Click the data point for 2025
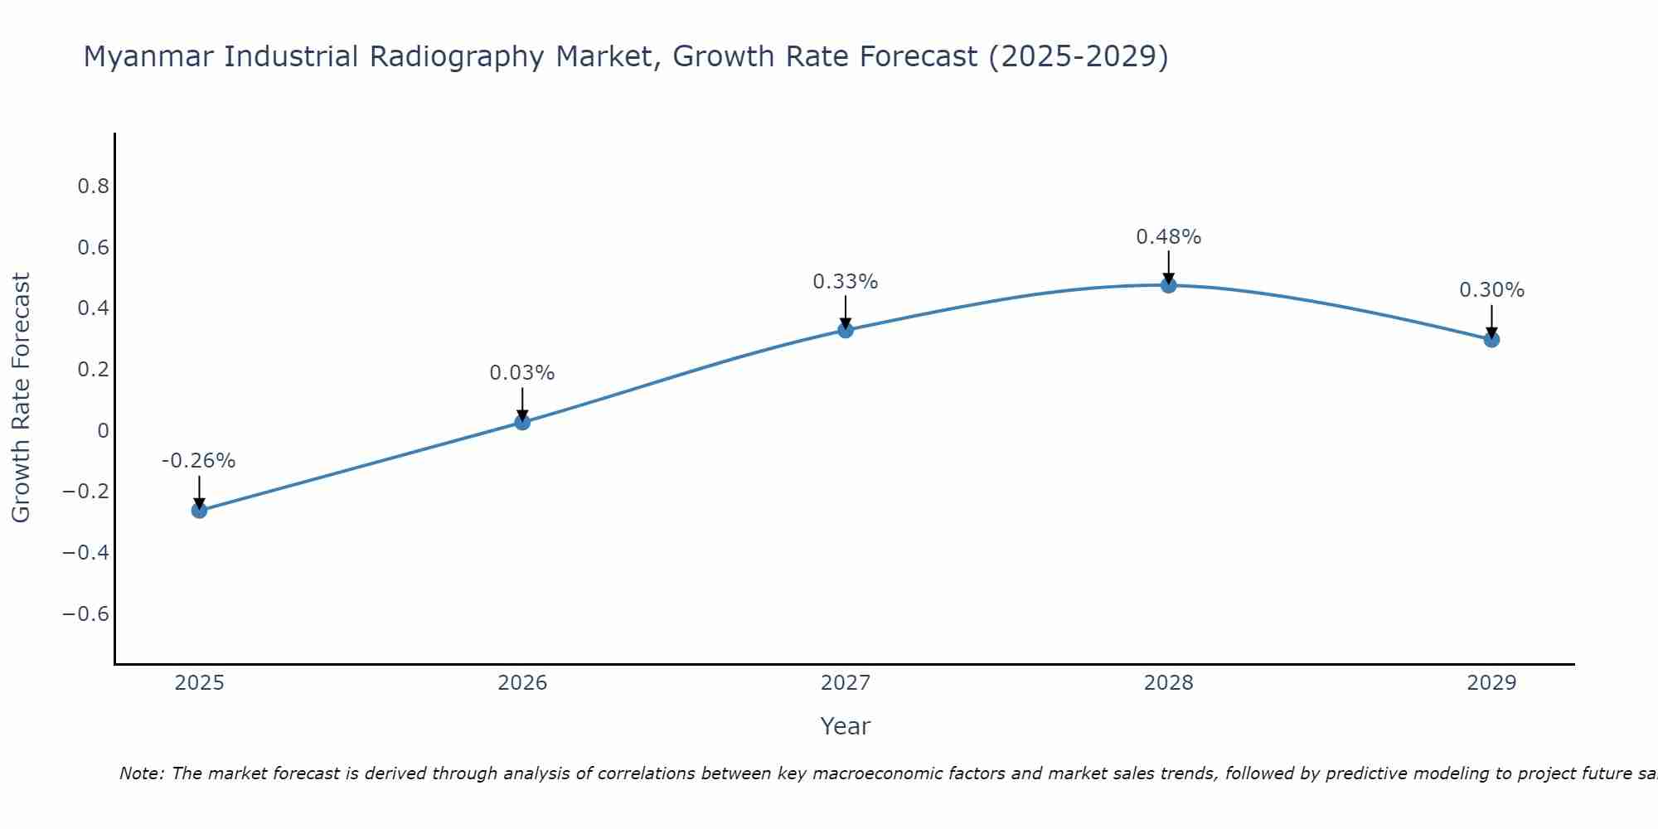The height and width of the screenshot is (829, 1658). (199, 510)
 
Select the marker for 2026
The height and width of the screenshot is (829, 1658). (522, 422)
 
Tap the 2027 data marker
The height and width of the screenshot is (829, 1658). (846, 330)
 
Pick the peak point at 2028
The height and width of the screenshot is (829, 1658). (1169, 285)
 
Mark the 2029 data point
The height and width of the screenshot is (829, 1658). (1491, 339)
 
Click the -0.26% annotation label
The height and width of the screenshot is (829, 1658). (199, 461)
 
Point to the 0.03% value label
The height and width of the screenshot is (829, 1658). (522, 373)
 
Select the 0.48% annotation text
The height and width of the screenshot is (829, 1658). (1169, 237)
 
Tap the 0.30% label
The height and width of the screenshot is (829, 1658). (1491, 290)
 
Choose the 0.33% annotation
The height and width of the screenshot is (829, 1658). (846, 282)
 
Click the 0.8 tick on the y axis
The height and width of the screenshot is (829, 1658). (94, 186)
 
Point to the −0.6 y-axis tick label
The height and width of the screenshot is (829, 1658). (86, 613)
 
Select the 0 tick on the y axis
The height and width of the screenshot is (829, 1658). (103, 430)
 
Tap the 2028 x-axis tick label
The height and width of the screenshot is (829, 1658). (1169, 683)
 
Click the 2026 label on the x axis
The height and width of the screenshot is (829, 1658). (522, 683)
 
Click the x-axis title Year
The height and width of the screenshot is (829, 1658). (846, 726)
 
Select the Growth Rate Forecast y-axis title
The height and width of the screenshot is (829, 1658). (21, 398)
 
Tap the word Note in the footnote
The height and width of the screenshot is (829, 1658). (141, 773)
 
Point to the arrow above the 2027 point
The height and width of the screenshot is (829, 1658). (846, 311)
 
